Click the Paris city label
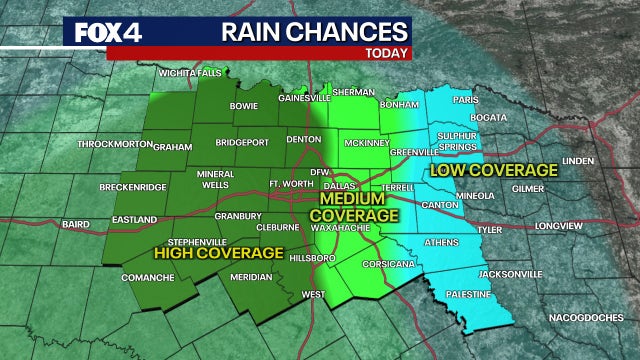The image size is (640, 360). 464,101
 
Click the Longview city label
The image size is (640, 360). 557,226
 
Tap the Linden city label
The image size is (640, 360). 579,160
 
